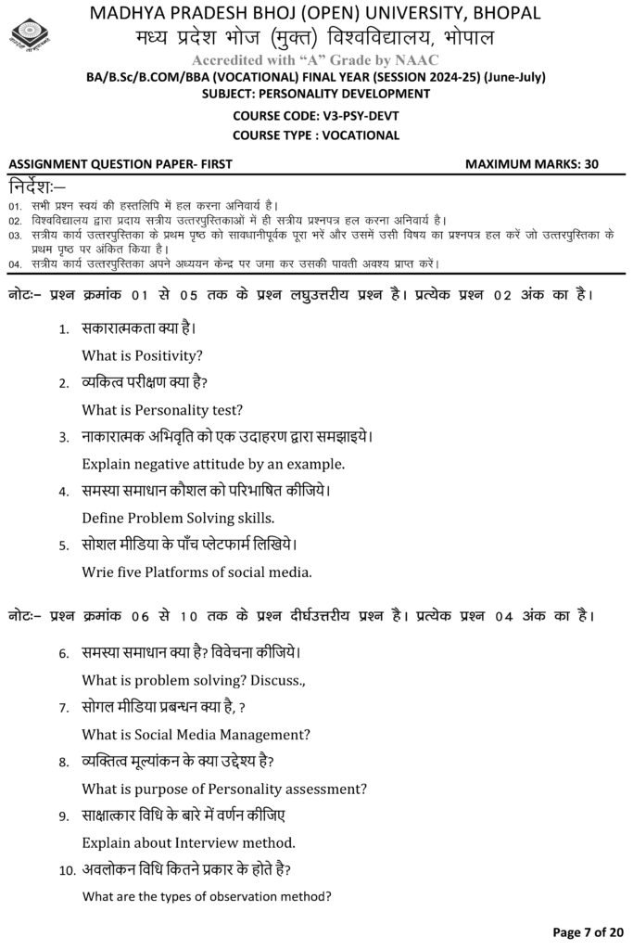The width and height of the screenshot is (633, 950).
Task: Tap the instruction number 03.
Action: tap(15, 237)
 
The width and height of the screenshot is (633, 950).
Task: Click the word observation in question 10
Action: tap(247, 896)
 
